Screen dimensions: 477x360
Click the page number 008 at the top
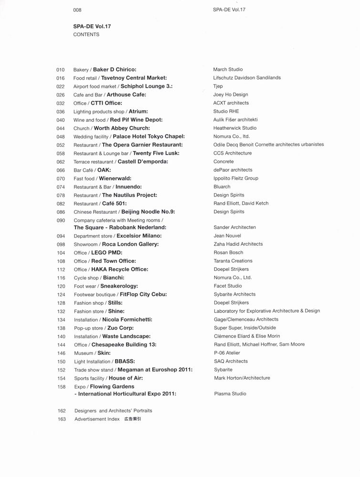pyautogui.click(x=77, y=10)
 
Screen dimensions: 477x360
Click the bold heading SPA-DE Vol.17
pyautogui.click(x=92, y=26)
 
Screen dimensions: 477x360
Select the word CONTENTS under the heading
pyautogui.click(x=86, y=35)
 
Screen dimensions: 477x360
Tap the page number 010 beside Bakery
pyautogui.click(x=60, y=70)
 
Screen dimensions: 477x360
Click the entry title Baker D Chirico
pyautogui.click(x=115, y=70)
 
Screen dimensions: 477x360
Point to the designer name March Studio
pyautogui.click(x=228, y=70)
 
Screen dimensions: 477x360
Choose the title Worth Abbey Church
pyautogui.click(x=122, y=128)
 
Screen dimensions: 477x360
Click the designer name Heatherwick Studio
pyautogui.click(x=235, y=128)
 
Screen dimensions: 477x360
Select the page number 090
pyautogui.click(x=60, y=220)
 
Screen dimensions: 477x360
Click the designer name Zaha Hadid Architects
pyautogui.click(x=238, y=244)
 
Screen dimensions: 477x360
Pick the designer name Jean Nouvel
pyautogui.click(x=227, y=236)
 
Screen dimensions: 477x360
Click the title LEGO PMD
pyautogui.click(x=106, y=253)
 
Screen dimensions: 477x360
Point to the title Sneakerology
pyautogui.click(x=119, y=286)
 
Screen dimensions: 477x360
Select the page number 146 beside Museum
pyautogui.click(x=61, y=353)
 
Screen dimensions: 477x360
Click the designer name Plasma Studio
pyautogui.click(x=230, y=394)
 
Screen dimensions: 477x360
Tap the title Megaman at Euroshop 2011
pyautogui.click(x=155, y=370)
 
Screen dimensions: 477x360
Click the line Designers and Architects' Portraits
pyautogui.click(x=113, y=411)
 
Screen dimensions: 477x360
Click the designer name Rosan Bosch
pyautogui.click(x=228, y=253)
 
